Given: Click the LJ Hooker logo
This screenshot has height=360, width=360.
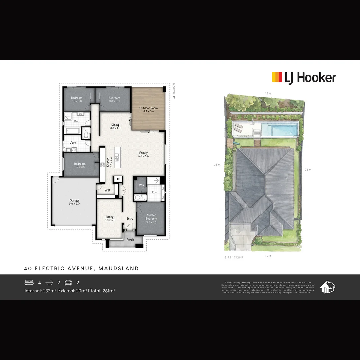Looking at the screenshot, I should pyautogui.click(x=304, y=78).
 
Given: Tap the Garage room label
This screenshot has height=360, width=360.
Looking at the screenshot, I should pyautogui.click(x=74, y=202).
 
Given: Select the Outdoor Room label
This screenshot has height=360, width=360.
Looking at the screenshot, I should pyautogui.click(x=148, y=110).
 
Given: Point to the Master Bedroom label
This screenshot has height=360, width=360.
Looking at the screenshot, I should pyautogui.click(x=151, y=218).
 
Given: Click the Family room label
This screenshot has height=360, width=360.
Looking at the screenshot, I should pyautogui.click(x=143, y=154).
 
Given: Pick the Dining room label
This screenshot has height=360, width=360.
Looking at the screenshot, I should pyautogui.click(x=115, y=126).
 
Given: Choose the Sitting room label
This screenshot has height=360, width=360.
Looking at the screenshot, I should pyautogui.click(x=109, y=218).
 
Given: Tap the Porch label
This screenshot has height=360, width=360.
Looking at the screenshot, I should pyautogui.click(x=130, y=240).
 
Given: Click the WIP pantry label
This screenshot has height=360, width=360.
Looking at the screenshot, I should pyautogui.click(x=107, y=190).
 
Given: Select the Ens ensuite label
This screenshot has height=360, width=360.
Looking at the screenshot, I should pyautogui.click(x=154, y=192).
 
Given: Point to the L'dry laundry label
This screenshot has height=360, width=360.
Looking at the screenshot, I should pyautogui.click(x=73, y=143).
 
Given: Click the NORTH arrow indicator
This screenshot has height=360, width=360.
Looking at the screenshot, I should pyautogui.click(x=174, y=91).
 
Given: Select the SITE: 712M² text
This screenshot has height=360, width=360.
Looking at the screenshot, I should pyautogui.click(x=234, y=258).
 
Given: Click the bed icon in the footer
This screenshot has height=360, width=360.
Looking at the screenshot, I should pyautogui.click(x=29, y=283).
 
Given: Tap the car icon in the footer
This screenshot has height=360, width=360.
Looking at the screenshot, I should pyautogui.click(x=68, y=283).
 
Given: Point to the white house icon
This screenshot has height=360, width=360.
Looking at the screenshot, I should pyautogui.click(x=328, y=287).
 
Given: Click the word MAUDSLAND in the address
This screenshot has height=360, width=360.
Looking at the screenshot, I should pyautogui.click(x=119, y=268).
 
